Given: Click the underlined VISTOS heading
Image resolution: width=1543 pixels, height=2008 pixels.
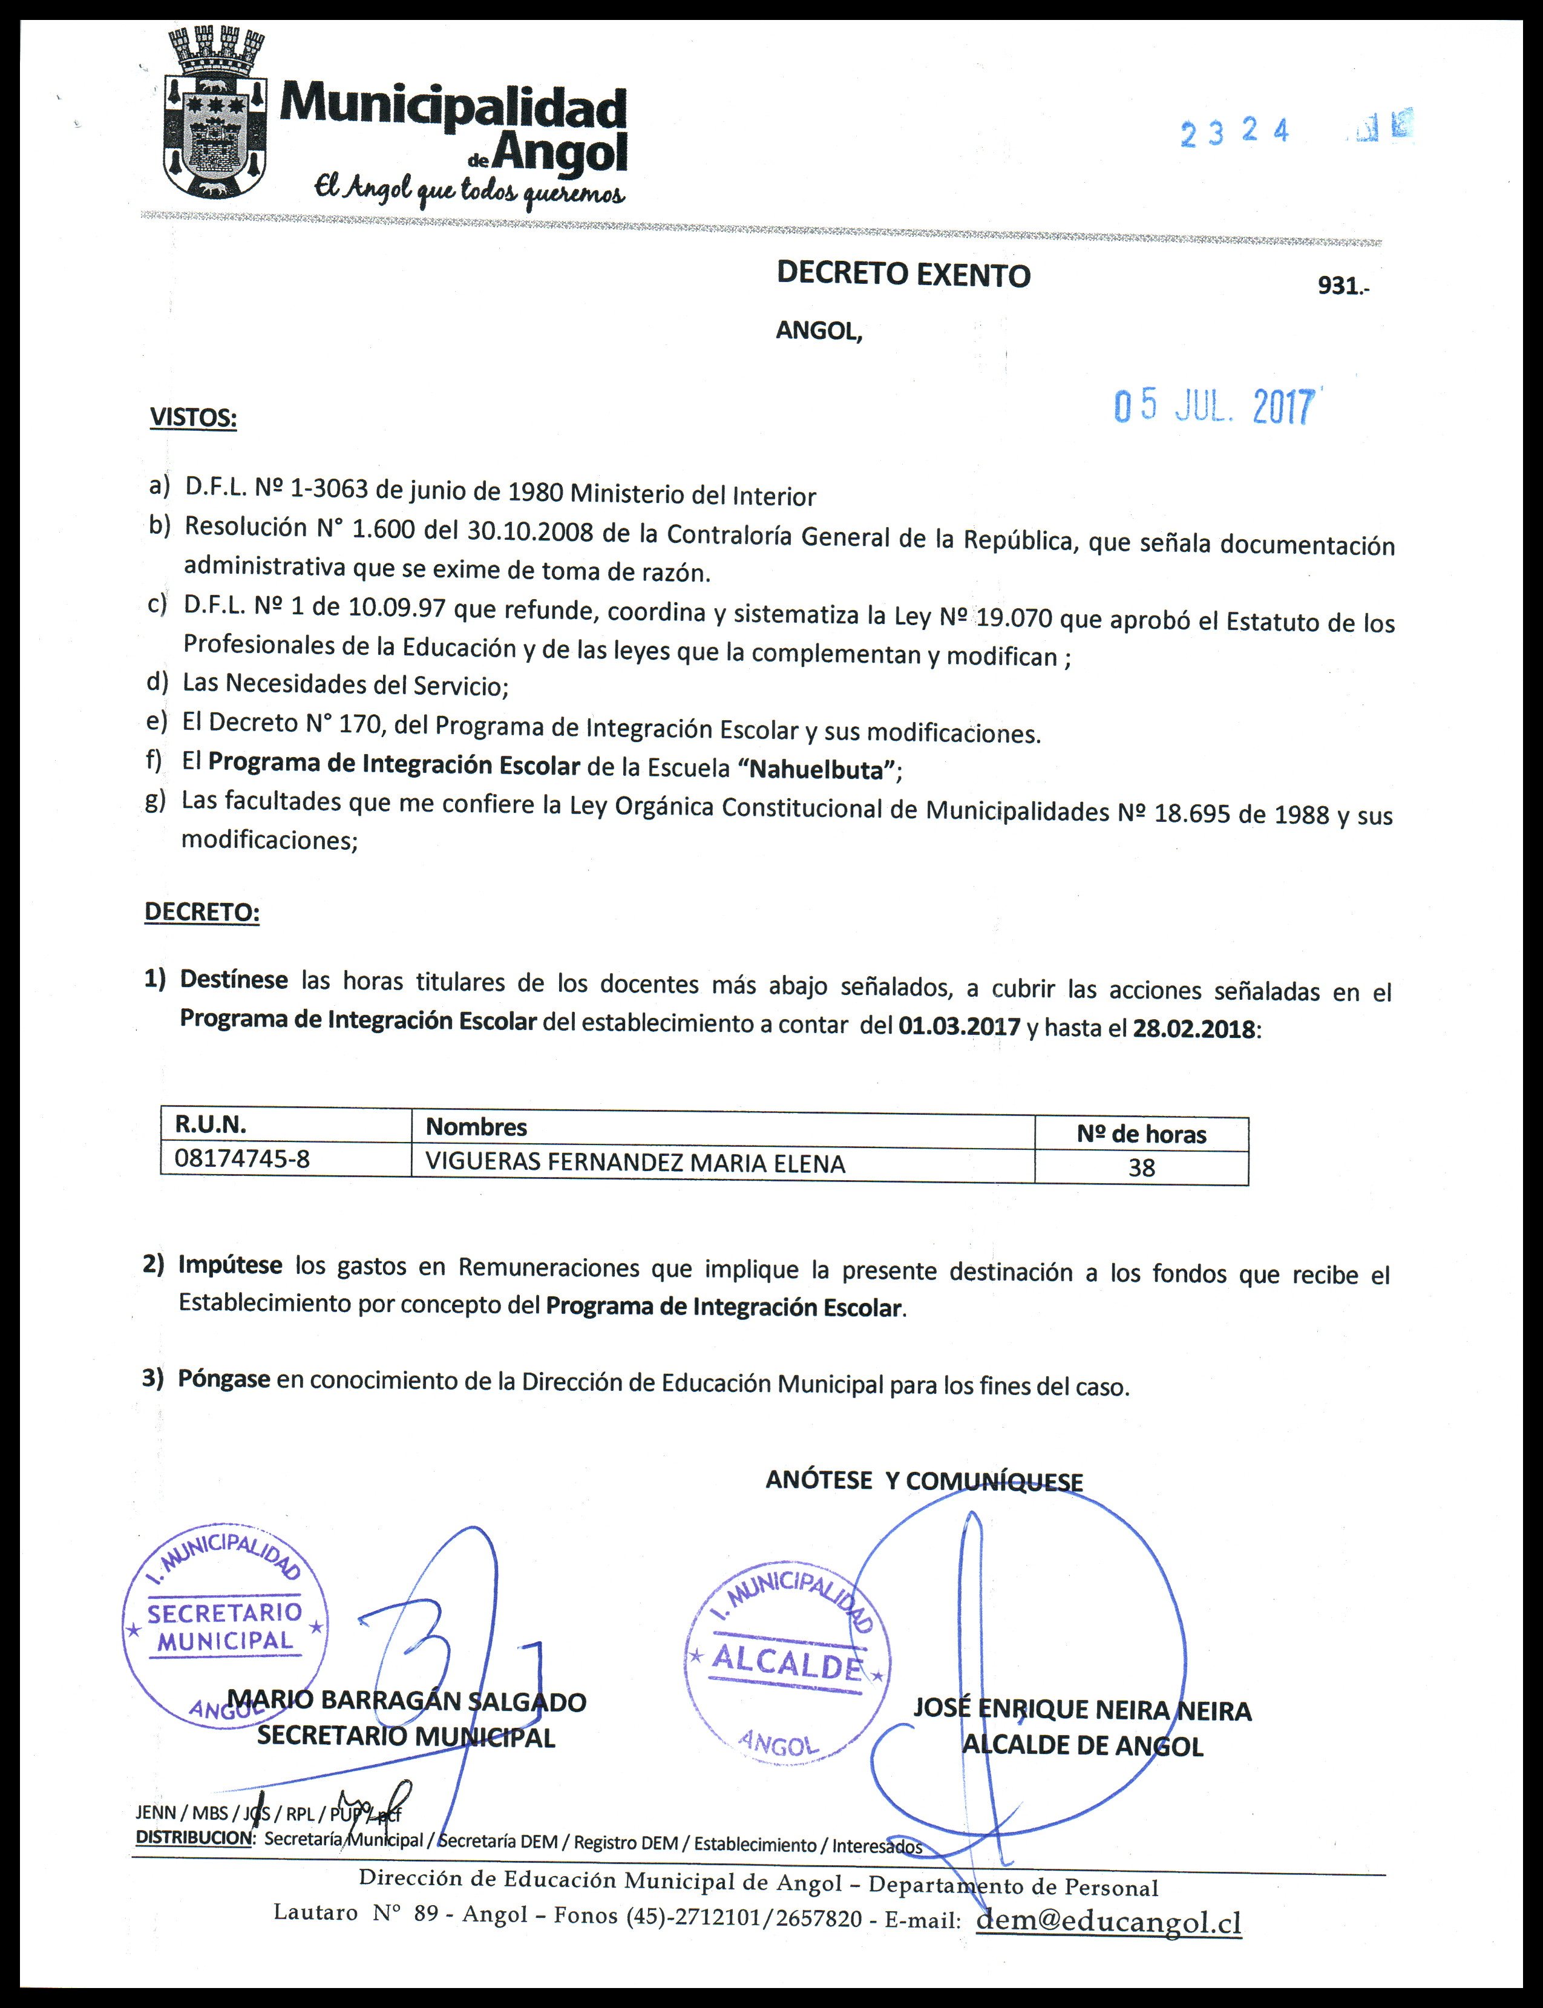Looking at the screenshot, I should pyautogui.click(x=193, y=418).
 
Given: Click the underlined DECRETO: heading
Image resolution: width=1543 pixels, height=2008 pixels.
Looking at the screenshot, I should pyautogui.click(x=202, y=912).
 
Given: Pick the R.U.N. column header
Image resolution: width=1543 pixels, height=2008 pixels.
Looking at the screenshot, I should pyautogui.click(x=211, y=1125).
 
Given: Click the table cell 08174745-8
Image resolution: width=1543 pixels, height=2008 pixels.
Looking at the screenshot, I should pyautogui.click(x=243, y=1160).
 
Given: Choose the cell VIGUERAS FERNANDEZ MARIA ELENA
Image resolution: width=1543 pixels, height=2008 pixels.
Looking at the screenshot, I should pyautogui.click(x=635, y=1164).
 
